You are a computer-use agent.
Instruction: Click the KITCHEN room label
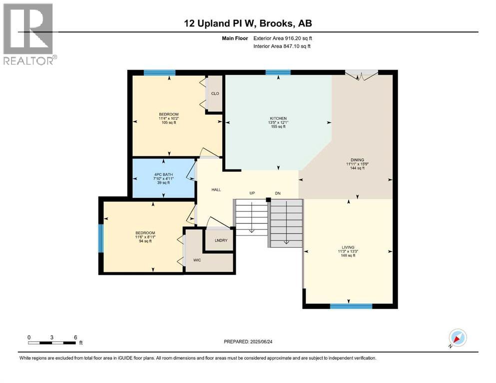coord(278,118)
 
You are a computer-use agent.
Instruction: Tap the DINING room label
coord(358,160)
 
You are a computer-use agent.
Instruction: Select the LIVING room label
coord(348,247)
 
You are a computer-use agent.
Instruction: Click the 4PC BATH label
coord(163,174)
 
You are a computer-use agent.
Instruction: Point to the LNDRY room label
coord(221,240)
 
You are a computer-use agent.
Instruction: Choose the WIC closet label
coord(197,260)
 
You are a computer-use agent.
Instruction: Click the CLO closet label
coord(215,93)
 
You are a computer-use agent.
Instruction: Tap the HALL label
coord(216,190)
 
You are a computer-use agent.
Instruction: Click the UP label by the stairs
coord(252,193)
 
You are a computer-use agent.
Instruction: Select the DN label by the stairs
coord(278,193)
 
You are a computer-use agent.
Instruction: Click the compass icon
coord(458,338)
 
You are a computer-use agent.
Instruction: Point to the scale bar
coord(52,343)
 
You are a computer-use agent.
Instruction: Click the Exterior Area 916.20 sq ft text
coord(283,38)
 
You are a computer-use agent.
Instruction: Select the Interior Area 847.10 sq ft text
coord(282,46)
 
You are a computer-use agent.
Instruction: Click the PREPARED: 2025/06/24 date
coord(248,342)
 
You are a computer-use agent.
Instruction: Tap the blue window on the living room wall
coord(351,306)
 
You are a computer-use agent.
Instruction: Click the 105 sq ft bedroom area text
coord(169,123)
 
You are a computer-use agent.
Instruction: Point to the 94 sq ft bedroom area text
coord(145,241)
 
